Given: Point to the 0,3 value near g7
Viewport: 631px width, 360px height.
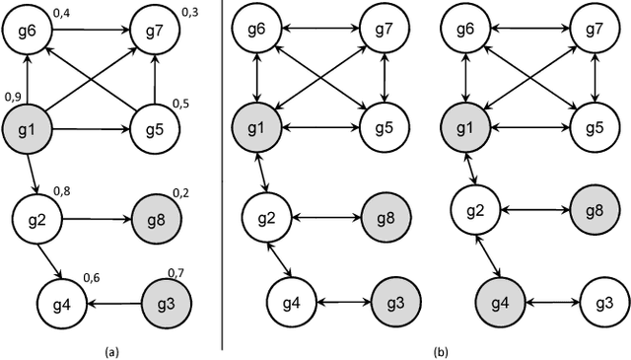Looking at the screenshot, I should pyautogui.click(x=189, y=12).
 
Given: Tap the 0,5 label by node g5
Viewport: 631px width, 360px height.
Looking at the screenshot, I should pyautogui.click(x=181, y=104).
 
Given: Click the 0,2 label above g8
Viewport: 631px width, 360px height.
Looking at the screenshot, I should pyautogui.click(x=180, y=192).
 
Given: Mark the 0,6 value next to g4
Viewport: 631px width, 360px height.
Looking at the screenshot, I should pyautogui.click(x=91, y=279).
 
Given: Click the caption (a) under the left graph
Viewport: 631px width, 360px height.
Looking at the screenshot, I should pyautogui.click(x=110, y=349).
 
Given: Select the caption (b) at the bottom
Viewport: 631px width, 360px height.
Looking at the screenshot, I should pyautogui.click(x=440, y=349).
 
